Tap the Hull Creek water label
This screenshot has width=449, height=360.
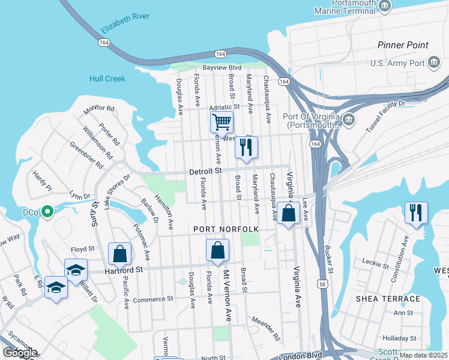pos(107,79)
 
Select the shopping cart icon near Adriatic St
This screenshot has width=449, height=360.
pos(221,122)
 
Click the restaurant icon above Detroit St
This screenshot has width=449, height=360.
pos(246,148)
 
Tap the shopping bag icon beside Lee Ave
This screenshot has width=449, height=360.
pos(288,213)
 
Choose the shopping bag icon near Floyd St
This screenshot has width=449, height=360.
pos(120,253)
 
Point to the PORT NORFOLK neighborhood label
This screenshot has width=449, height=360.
pos(226,229)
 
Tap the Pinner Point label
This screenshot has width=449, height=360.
pos(403,45)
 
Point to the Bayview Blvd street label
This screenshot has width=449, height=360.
pos(221,68)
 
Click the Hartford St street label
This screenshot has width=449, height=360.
pos(122,271)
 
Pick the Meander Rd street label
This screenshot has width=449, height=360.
pos(266,329)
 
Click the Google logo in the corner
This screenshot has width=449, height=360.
pos(20,353)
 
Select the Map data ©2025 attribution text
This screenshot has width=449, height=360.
pos(423,355)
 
